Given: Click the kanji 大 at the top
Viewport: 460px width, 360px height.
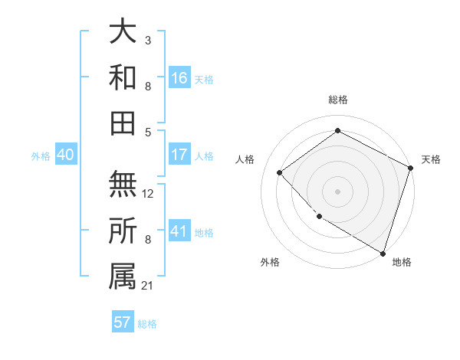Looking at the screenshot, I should click(x=123, y=31).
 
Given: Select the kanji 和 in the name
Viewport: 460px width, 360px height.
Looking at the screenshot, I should click(x=123, y=77).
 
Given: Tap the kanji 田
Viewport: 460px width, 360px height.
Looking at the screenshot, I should click(x=123, y=122).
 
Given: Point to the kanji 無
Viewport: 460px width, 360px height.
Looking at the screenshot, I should click(x=123, y=184).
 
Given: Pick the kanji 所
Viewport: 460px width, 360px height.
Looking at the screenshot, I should click(x=123, y=230).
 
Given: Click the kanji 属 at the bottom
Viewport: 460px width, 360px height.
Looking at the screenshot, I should click(x=123, y=275).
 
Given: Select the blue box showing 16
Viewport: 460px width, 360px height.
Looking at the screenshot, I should click(x=179, y=78).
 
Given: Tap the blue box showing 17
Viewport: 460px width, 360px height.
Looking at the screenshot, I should click(x=179, y=155).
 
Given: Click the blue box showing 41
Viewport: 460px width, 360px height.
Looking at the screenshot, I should click(x=179, y=232).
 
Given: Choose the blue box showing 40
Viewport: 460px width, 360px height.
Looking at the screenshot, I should click(x=66, y=155).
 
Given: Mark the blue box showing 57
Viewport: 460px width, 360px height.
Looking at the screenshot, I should click(x=123, y=322).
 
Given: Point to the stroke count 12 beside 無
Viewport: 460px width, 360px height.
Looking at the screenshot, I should click(x=148, y=195).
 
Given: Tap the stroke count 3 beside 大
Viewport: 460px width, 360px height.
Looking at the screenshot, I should click(x=148, y=38).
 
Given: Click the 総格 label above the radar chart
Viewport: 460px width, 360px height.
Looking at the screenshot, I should click(x=337, y=100).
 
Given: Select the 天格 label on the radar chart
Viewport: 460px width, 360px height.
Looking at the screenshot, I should click(x=431, y=159).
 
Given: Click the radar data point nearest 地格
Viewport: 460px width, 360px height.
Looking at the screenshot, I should click(x=382, y=252).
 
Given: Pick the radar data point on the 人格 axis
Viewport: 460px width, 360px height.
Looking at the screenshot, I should click(x=280, y=172).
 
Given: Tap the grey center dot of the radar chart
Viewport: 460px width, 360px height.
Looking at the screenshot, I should click(x=337, y=191).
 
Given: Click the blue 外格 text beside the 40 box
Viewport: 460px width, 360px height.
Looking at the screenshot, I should click(x=41, y=156).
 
